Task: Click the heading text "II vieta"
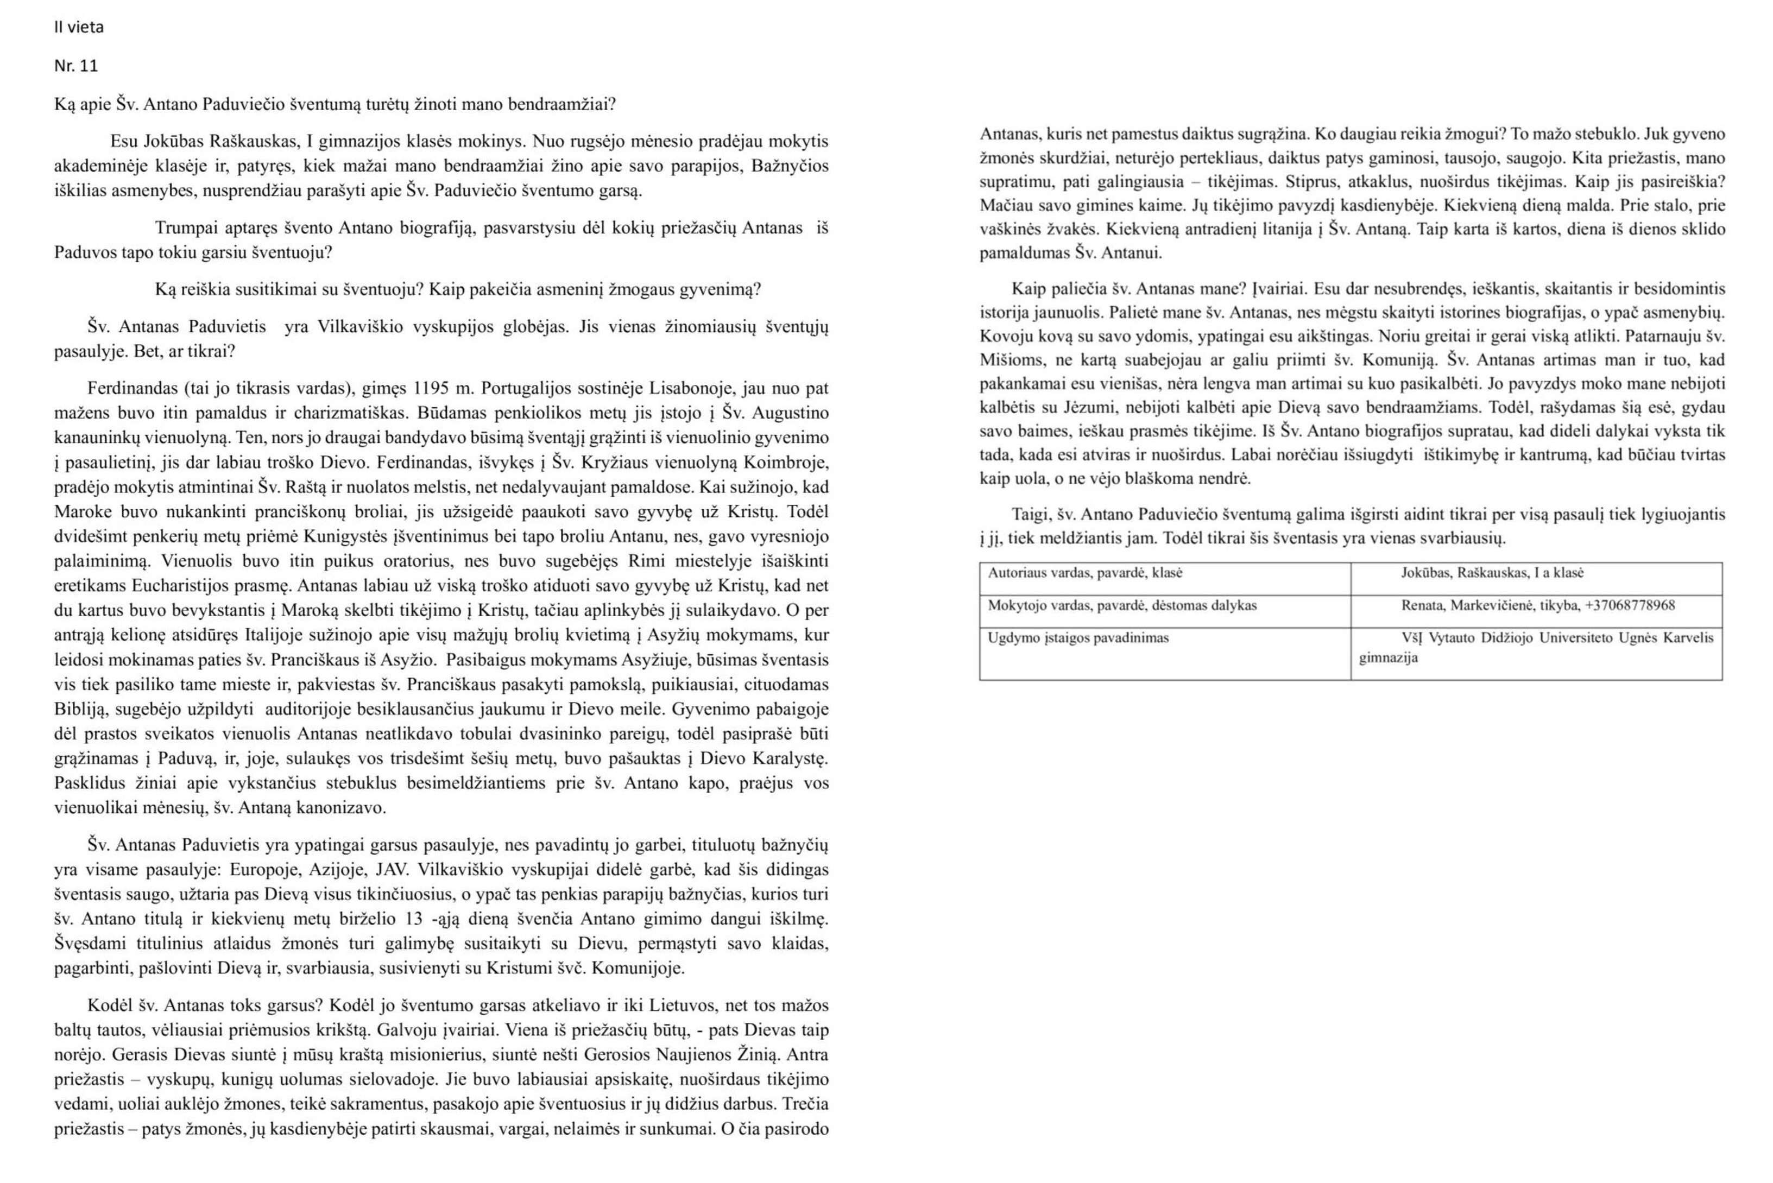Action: point(78,28)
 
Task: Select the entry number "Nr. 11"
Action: point(75,66)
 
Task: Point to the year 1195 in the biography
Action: point(430,389)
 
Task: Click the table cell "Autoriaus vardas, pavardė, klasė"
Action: point(1085,573)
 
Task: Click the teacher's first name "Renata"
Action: point(1422,606)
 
